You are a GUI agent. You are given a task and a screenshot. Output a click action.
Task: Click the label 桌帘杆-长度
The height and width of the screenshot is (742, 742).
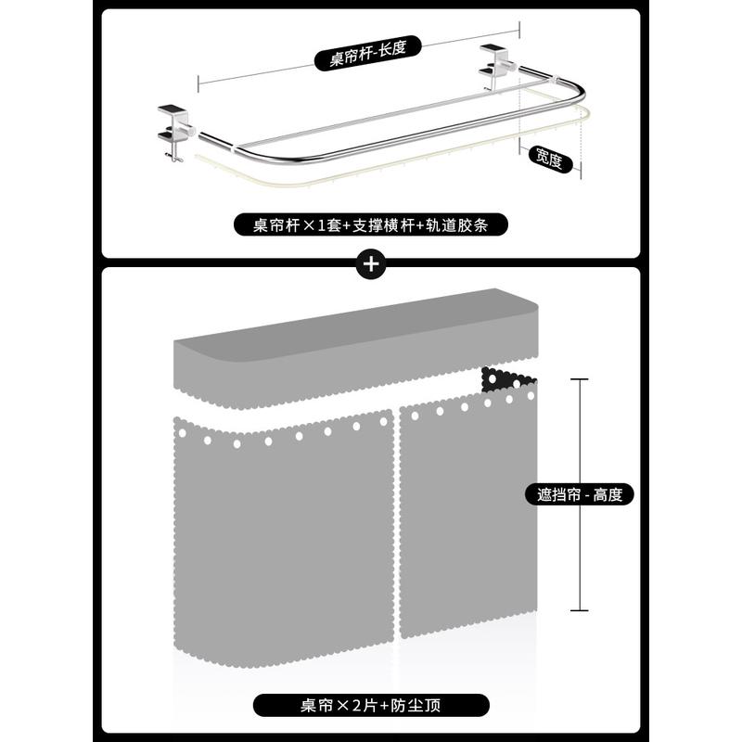[x=367, y=53]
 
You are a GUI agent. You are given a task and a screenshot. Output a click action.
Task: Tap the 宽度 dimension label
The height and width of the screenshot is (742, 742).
[x=549, y=160]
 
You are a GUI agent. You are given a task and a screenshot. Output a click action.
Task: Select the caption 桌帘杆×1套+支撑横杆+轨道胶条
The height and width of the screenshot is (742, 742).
[x=370, y=224]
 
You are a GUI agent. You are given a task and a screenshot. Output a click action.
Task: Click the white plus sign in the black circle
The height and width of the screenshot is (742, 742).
[x=371, y=263]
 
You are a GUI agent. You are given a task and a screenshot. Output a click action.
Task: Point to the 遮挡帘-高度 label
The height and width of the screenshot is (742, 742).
[x=579, y=495]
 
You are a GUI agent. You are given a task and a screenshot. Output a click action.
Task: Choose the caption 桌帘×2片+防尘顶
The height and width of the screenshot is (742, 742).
[x=371, y=705]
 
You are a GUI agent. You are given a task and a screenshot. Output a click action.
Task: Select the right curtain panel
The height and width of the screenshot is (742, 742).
[x=468, y=513]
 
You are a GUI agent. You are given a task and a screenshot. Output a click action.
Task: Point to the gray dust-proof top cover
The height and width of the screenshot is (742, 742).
[x=356, y=349]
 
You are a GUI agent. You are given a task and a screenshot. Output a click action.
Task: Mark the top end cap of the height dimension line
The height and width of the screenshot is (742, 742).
[x=580, y=379]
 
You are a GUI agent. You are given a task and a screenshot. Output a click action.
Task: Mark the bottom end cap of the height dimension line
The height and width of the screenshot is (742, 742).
[x=580, y=610]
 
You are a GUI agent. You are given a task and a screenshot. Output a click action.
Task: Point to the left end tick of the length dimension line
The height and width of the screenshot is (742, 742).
[x=198, y=83]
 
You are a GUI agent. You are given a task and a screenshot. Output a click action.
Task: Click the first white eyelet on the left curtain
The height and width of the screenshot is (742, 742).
[x=182, y=432]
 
